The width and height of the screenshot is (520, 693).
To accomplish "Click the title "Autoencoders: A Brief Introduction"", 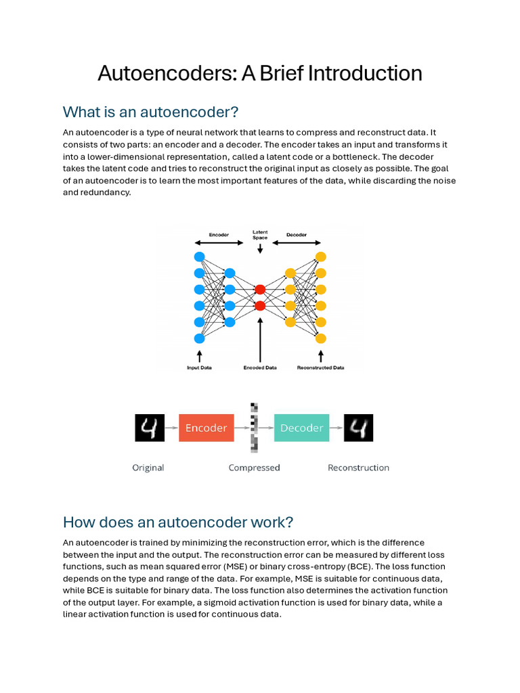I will [259, 73].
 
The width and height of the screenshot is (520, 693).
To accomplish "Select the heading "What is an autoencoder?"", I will [151, 112].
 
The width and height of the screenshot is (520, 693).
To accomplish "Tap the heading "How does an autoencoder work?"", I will [178, 522].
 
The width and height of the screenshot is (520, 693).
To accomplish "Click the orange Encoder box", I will [206, 428].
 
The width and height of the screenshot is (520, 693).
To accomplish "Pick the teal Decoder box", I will [301, 428].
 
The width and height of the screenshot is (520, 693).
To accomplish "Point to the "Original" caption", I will [148, 468].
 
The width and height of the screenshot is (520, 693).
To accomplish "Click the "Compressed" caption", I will [254, 468].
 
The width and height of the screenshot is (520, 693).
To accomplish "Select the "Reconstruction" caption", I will [358, 468].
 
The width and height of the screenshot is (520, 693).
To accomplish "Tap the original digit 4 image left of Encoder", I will [150, 428].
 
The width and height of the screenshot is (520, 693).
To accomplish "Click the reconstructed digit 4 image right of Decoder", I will [358, 428].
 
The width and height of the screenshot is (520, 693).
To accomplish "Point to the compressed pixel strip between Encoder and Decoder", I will [254, 427].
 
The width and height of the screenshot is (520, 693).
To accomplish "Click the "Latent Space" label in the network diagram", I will [260, 235].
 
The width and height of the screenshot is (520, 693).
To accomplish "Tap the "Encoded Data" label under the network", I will [260, 368].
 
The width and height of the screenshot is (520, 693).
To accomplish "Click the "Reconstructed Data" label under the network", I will [320, 368].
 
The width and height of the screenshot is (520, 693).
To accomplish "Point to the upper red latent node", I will [259, 290].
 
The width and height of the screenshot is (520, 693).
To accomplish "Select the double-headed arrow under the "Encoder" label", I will [218, 244].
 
